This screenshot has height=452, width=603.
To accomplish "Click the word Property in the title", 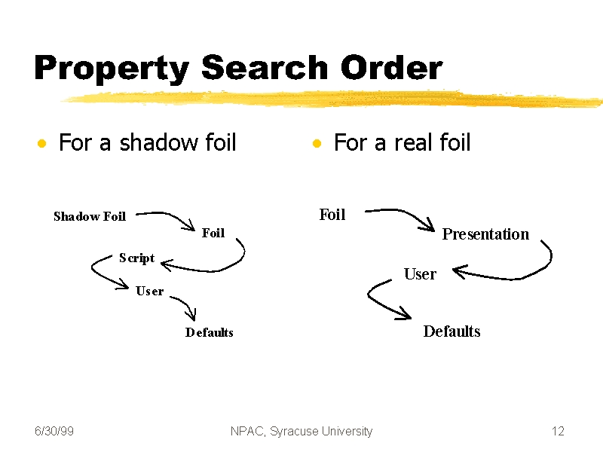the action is tap(112, 69).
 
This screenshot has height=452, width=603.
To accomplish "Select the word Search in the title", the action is tap(265, 67).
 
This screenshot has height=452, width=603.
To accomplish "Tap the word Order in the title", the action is tap(391, 67).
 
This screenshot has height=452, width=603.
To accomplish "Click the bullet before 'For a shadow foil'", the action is tap(42, 143).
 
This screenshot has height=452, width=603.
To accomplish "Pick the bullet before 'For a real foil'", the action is tap(317, 143).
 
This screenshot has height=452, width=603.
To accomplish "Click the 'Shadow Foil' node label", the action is tap(90, 216).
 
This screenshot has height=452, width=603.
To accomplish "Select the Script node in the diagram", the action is tap(136, 258).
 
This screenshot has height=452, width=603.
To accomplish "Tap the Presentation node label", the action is tap(485, 234).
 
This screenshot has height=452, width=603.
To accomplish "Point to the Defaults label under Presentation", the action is tap(451, 331).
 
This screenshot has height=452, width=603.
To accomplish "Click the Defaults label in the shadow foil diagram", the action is tap(210, 332).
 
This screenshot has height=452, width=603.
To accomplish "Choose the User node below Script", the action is tap(149, 291).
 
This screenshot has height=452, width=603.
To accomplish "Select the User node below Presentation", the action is tap(420, 274).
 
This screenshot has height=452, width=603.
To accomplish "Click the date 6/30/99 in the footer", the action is tap(54, 431).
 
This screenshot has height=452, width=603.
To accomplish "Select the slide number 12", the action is tap(558, 431).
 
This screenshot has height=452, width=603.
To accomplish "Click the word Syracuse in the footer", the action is tap(293, 432).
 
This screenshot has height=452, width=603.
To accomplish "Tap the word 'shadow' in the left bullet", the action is tap(158, 142).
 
